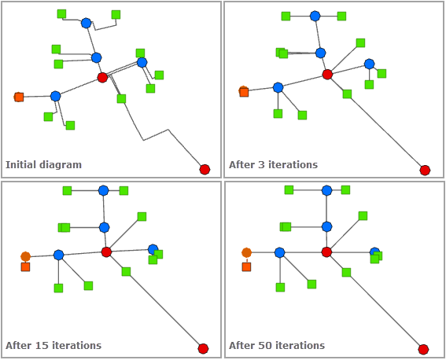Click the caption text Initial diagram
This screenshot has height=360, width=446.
tap(43, 165)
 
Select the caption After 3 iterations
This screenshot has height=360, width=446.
tap(273, 165)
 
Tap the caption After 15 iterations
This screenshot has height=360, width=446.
tap(53, 345)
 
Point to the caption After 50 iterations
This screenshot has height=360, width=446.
tap(276, 345)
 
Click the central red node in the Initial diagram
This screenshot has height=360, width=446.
tap(102, 77)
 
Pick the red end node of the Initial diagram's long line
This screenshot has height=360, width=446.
tap(205, 169)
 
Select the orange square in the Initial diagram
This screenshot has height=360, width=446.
tap(19, 97)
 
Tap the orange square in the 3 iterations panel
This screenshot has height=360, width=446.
tap(244, 92)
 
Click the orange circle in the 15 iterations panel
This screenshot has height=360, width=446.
tap(25, 256)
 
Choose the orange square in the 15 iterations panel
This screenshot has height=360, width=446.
tap(25, 267)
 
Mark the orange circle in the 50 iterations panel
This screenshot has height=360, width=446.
tap(246, 252)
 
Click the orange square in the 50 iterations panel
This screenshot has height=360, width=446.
tap(246, 267)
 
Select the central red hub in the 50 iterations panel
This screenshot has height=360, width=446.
tap(326, 252)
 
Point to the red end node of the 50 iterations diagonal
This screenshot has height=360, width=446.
tap(423, 349)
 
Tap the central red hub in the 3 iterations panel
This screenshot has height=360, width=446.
tap(327, 74)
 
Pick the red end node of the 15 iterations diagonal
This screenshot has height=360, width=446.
tap(203, 348)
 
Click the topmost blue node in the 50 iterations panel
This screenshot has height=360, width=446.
tap(326, 190)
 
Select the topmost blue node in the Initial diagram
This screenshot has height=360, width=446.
tap(86, 23)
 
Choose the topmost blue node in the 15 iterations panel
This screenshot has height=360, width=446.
tap(103, 190)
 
